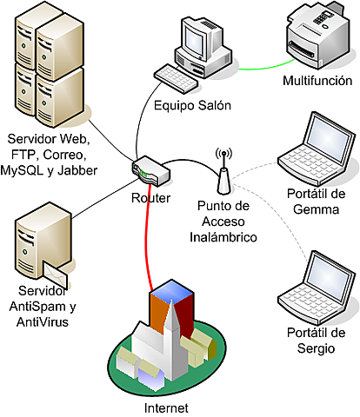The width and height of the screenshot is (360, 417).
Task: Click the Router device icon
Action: click(x=149, y=170)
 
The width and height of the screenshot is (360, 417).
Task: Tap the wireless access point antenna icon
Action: click(x=223, y=173)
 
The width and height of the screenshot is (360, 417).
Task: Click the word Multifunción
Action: click(x=317, y=81)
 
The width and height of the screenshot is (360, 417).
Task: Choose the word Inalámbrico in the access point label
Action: click(x=225, y=236)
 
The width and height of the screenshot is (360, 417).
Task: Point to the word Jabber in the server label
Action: click(x=77, y=169)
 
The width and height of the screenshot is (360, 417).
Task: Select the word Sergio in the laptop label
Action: click(x=316, y=348)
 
